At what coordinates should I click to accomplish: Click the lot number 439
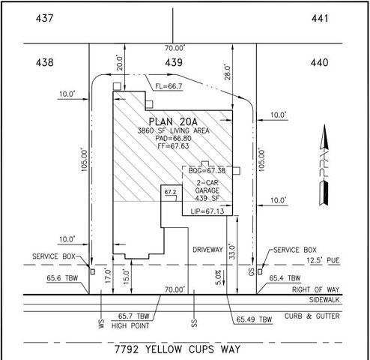pyautogui.click(x=174, y=64)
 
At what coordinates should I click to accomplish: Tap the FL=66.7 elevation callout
pyautogui.click(x=169, y=87)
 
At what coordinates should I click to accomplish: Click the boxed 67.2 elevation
pyautogui.click(x=172, y=193)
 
